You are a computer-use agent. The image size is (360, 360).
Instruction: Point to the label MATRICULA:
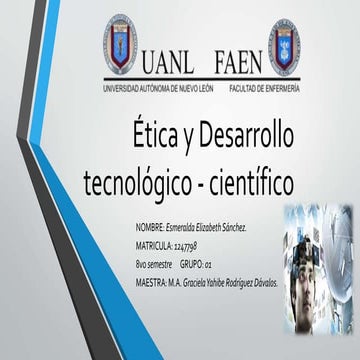click(x=157, y=244)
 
